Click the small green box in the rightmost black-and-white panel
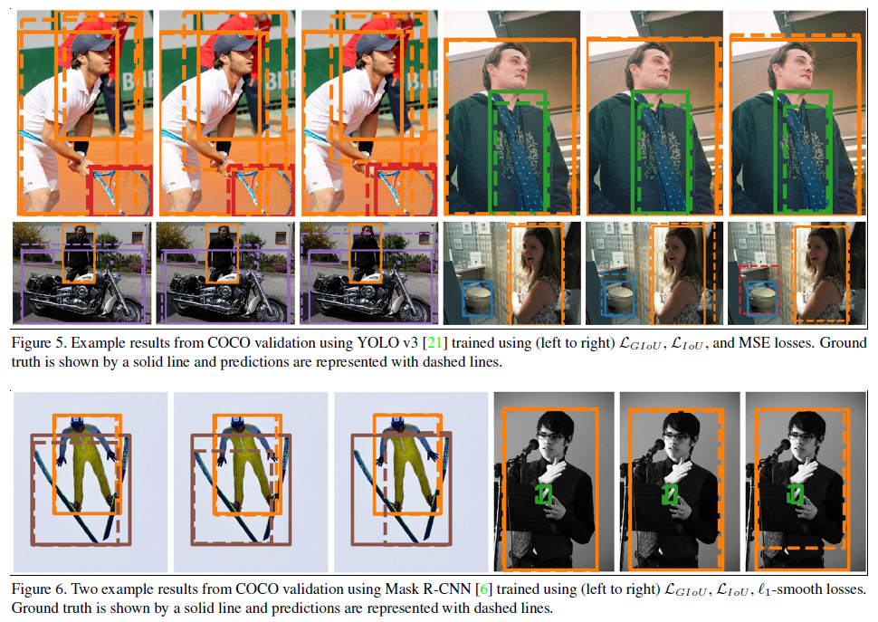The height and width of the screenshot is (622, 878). [x=795, y=494]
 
